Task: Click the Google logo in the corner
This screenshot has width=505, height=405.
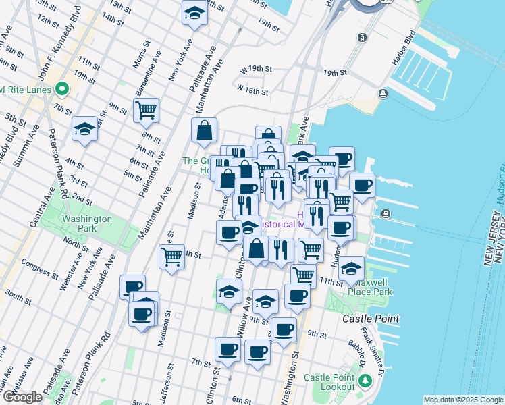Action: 22,397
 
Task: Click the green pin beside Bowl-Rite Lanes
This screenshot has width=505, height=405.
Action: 62,88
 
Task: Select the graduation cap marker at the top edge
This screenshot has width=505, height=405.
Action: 194,13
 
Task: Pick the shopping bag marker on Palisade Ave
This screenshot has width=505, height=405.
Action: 204,131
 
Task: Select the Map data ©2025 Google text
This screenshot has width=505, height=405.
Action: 463,400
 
